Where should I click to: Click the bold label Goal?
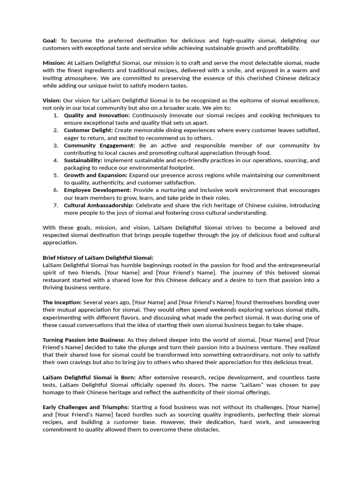(50, 41)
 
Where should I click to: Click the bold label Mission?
(54, 63)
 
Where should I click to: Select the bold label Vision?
(52, 100)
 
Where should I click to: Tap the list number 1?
(56, 115)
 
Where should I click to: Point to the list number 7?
(56, 205)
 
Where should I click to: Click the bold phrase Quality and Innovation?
(97, 115)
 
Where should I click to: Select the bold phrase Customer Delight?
(88, 130)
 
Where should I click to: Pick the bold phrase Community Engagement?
(99, 145)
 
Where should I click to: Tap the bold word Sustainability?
(83, 160)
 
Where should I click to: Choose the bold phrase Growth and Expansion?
(95, 175)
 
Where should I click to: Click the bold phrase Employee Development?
(97, 190)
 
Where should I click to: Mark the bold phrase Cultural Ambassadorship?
(99, 205)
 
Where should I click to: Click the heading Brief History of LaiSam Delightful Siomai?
(98, 258)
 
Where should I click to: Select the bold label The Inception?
(62, 302)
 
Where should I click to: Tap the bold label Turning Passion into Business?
(84, 340)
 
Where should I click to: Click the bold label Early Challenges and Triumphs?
(86, 407)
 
